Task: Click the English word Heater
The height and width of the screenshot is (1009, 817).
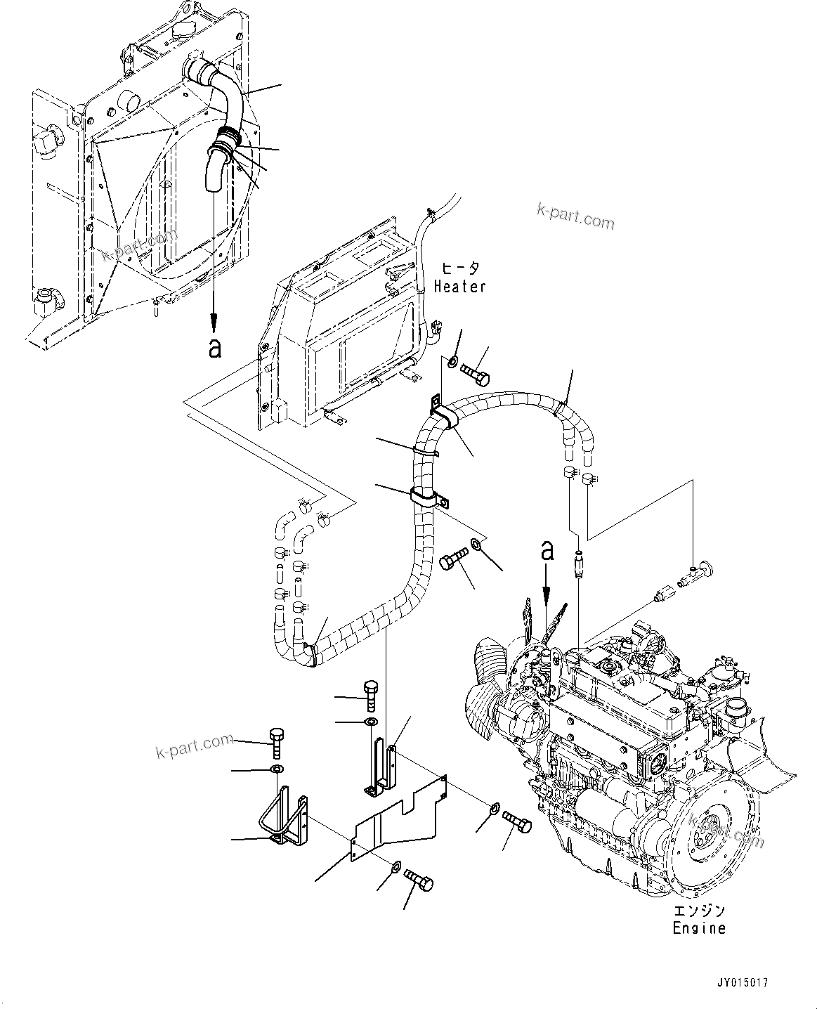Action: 460,286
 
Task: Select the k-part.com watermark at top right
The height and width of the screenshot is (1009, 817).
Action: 575,217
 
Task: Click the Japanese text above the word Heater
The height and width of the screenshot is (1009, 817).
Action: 461,268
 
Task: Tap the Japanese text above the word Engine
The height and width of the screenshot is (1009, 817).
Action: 698,911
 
